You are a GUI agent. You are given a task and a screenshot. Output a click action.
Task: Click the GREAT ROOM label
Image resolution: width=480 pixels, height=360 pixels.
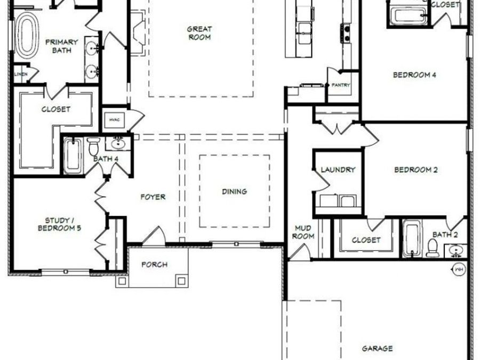click(x=199, y=33)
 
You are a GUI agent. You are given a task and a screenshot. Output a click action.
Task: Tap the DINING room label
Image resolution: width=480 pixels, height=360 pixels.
click(x=235, y=191)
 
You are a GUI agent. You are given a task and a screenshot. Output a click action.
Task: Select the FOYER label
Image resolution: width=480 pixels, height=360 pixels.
click(x=153, y=197)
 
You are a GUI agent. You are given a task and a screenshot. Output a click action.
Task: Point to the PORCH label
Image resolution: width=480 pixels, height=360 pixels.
click(x=154, y=265)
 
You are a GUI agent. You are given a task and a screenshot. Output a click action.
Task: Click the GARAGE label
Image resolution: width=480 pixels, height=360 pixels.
click(x=378, y=348)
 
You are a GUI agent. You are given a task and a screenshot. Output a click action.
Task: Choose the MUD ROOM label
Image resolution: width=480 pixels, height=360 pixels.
click(x=304, y=232)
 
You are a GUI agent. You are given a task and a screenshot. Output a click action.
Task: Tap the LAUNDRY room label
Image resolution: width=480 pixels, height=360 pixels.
click(x=338, y=170)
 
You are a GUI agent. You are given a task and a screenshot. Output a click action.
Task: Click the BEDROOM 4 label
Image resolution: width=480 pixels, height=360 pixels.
click(x=414, y=75)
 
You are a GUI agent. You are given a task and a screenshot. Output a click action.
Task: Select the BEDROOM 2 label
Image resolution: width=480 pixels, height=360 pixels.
click(x=415, y=170)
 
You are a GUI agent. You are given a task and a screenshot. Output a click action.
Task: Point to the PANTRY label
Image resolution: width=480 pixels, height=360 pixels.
click(x=340, y=85)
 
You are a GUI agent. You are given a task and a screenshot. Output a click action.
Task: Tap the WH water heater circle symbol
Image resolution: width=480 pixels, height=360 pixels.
click(x=458, y=269)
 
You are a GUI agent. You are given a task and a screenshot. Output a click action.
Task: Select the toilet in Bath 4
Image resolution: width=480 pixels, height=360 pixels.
click(x=94, y=146)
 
